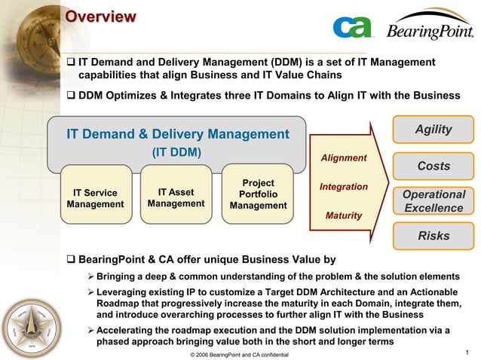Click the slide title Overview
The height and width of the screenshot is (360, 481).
(100, 17)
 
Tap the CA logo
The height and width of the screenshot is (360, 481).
(353, 27)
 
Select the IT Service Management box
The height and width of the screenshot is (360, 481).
(95, 198)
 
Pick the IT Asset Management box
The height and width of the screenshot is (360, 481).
(176, 198)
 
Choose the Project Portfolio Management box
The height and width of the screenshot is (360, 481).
(258, 194)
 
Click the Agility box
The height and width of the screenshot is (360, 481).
(434, 130)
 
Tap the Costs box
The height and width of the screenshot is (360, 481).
(434, 166)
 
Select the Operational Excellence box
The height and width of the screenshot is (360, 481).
(434, 201)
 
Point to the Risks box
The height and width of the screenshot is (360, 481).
(434, 236)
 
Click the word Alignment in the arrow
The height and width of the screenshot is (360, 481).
(344, 157)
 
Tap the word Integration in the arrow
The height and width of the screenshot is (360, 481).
(344, 186)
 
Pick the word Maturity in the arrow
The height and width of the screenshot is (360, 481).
(344, 215)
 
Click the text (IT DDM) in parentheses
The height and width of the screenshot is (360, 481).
(177, 151)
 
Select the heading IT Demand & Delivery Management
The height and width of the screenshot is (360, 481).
(177, 134)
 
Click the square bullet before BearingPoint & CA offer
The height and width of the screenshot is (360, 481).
(72, 260)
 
